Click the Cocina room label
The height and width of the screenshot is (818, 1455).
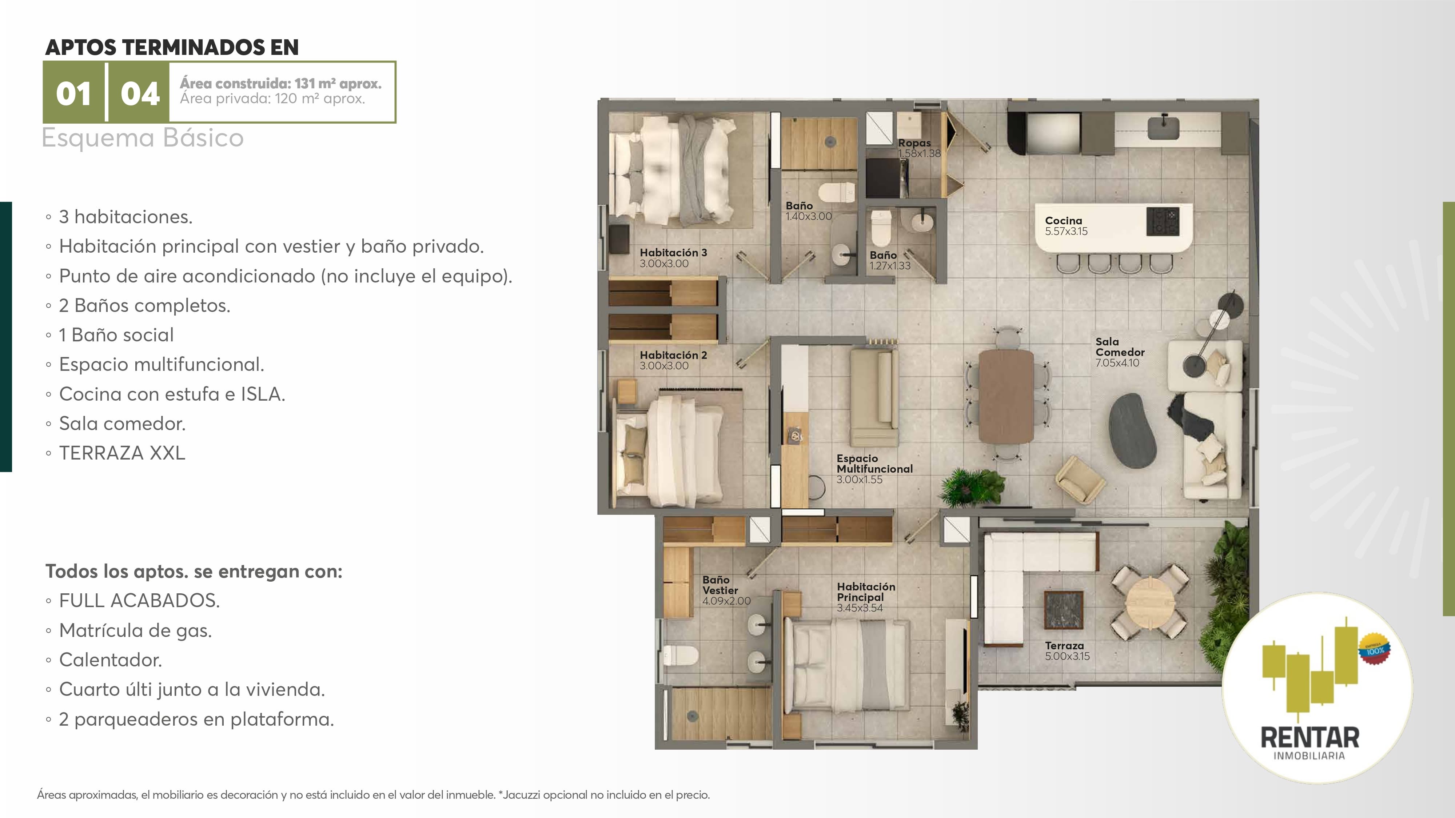click(1066, 226)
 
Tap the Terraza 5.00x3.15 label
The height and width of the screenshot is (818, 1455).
click(1067, 651)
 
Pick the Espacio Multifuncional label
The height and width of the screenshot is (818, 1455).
click(874, 469)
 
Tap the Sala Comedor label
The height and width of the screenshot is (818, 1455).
click(1120, 352)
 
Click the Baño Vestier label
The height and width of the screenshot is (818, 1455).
click(726, 590)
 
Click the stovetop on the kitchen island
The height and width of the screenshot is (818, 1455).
click(1163, 221)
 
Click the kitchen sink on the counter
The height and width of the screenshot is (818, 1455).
click(1163, 127)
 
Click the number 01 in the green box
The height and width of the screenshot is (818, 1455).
click(73, 94)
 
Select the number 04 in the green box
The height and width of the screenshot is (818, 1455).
click(140, 94)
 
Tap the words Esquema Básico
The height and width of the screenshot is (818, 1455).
click(142, 138)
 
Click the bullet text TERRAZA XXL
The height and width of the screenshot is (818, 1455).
click(122, 453)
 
